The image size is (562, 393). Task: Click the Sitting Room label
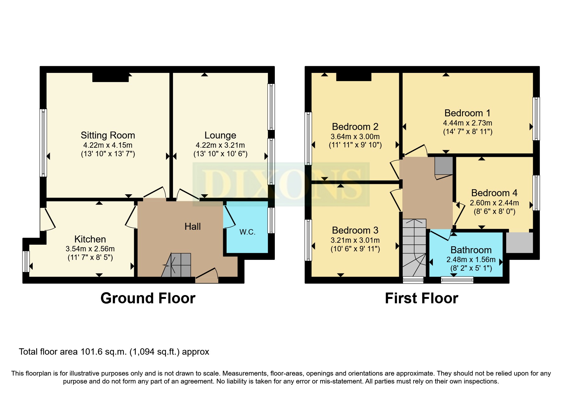click(x=108, y=135)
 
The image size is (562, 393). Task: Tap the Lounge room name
click(x=220, y=135)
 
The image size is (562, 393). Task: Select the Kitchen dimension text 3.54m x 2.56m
click(x=90, y=249)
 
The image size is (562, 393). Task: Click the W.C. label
click(x=248, y=232)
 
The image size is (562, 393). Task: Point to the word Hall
click(x=193, y=226)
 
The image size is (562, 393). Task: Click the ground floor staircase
click(x=176, y=265)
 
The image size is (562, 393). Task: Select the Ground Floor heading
click(x=148, y=298)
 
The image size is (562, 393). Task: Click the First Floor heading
click(x=421, y=298)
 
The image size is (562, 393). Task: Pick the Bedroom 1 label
click(x=467, y=113)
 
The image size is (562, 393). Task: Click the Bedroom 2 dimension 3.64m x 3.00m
click(x=355, y=137)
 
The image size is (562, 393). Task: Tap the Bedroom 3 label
click(x=355, y=230)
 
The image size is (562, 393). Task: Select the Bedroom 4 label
click(x=494, y=193)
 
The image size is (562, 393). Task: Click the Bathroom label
click(x=471, y=250)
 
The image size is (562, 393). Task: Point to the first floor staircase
click(x=414, y=248)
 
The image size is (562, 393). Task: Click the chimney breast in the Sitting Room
click(x=111, y=77)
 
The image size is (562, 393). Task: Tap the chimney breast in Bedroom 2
click(x=354, y=77)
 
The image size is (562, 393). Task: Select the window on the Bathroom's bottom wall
click(x=457, y=280)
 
